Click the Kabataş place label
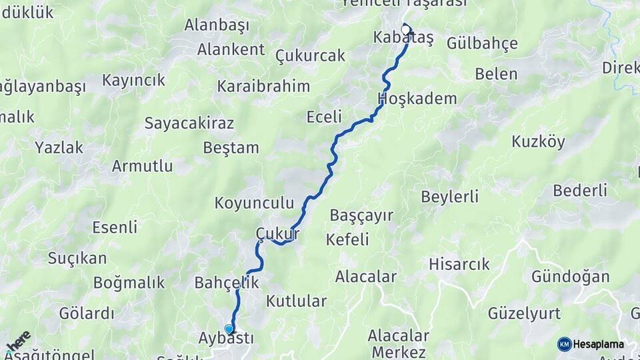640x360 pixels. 403,39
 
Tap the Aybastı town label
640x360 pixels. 226,338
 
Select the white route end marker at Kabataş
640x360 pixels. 407,29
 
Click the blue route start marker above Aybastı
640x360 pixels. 229,329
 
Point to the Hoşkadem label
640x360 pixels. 417,99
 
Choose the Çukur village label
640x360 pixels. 277,233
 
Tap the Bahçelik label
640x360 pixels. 227,283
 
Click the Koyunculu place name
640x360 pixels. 254,203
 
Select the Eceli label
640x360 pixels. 324,117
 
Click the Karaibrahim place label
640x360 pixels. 263,86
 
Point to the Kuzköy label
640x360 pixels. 538,141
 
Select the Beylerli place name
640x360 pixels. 450,197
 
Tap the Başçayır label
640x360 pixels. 361,215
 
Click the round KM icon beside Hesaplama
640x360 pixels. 564,344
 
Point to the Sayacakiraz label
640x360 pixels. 189,123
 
